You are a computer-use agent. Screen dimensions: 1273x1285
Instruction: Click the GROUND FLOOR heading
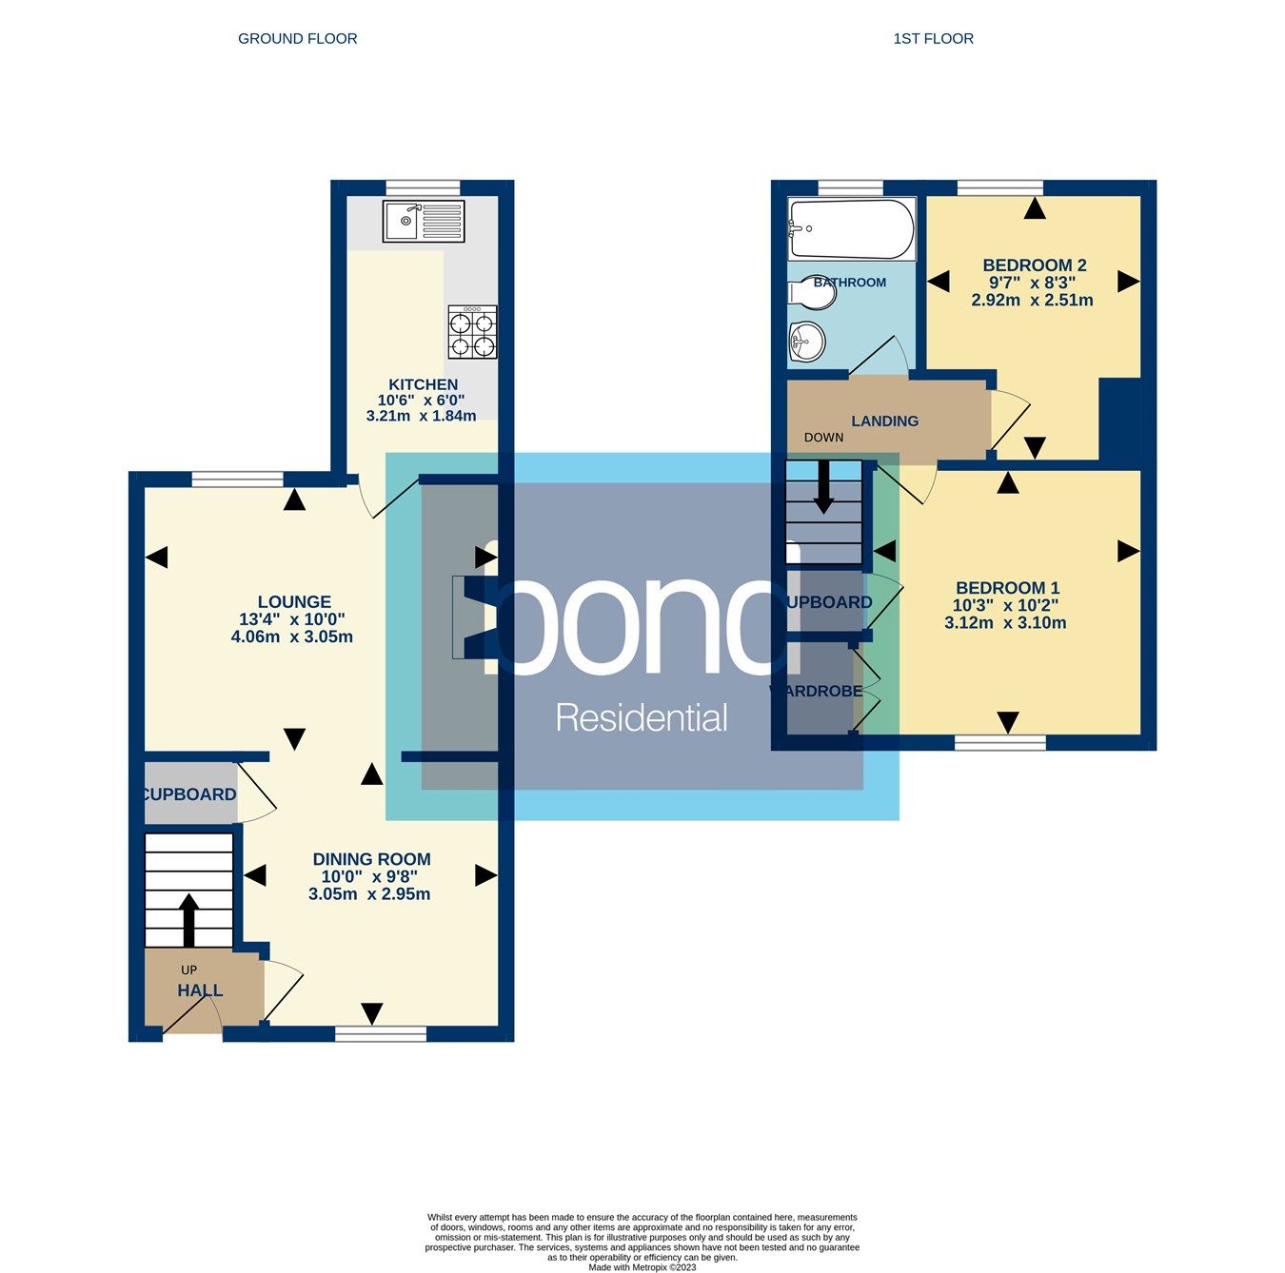coord(297,39)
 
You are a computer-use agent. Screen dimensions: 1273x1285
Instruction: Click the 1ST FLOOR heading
coord(933,39)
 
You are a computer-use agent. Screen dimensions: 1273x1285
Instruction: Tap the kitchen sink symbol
coord(424,222)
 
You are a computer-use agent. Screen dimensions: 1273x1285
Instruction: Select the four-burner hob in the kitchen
coord(472,332)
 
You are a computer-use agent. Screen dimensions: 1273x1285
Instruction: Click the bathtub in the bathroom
coord(851,228)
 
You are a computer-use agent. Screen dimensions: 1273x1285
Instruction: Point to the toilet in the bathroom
coord(811,292)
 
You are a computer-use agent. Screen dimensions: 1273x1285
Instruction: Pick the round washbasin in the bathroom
coord(807,340)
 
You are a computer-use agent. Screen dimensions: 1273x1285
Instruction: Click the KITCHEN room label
coord(423,384)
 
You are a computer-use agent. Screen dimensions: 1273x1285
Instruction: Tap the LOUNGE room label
coord(294,601)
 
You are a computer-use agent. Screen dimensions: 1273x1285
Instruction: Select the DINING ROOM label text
coord(371,859)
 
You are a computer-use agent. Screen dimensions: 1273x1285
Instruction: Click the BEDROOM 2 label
coord(1034,265)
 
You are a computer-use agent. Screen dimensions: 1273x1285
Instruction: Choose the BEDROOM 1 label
coord(1007,588)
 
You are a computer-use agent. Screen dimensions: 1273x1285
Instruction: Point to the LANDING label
coord(884,421)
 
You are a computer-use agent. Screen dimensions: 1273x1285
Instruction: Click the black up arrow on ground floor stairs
coord(188,919)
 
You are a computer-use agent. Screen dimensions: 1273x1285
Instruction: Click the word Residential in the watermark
coord(642,718)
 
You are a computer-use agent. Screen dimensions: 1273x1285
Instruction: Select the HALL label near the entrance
coord(200,990)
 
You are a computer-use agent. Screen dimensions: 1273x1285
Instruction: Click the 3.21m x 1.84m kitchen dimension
coord(421,416)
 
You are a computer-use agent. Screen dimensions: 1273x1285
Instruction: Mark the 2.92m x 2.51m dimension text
coord(1032,300)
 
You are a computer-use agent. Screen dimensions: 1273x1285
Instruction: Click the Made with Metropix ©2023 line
coord(642,1267)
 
